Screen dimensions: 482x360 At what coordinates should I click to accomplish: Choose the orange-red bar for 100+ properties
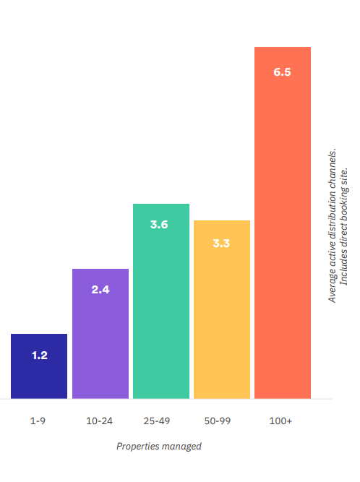(282, 231)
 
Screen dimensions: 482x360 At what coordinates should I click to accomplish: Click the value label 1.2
(39, 356)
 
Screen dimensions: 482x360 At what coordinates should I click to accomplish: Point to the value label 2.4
(100, 290)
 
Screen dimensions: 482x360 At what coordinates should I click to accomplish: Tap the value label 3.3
(221, 243)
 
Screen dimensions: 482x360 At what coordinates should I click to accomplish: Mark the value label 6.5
(282, 73)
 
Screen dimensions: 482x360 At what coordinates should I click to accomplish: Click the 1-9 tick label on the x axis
(39, 421)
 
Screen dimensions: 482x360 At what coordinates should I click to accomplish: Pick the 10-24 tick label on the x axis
(100, 421)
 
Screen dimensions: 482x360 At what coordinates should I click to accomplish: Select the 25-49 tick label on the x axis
(160, 421)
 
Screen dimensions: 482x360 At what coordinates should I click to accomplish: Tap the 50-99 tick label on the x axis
(221, 421)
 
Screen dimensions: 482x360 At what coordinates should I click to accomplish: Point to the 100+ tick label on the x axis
(281, 421)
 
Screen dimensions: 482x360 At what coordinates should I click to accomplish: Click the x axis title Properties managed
(159, 447)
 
